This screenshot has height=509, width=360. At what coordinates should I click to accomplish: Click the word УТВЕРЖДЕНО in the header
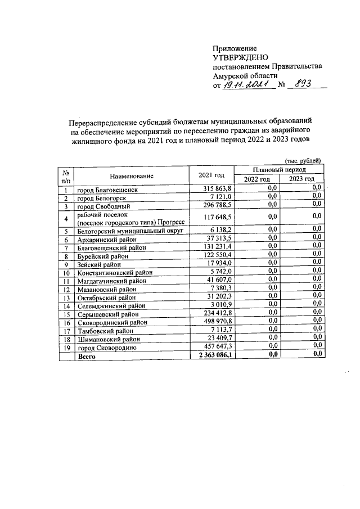coord(241,57)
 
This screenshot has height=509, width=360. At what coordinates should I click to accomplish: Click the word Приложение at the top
coord(235,48)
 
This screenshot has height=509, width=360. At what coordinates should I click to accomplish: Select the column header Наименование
coord(132,175)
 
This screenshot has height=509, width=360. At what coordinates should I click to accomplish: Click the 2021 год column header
coord(212,175)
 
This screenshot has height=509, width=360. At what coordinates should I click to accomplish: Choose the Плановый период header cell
coord(279,169)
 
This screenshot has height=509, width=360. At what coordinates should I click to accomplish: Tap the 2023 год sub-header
coord(301,179)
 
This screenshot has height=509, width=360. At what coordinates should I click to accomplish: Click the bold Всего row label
coord(87,355)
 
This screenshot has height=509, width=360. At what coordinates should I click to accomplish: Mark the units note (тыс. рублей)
coord(303,160)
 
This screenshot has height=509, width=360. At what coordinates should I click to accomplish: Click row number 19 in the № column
coord(66,348)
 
